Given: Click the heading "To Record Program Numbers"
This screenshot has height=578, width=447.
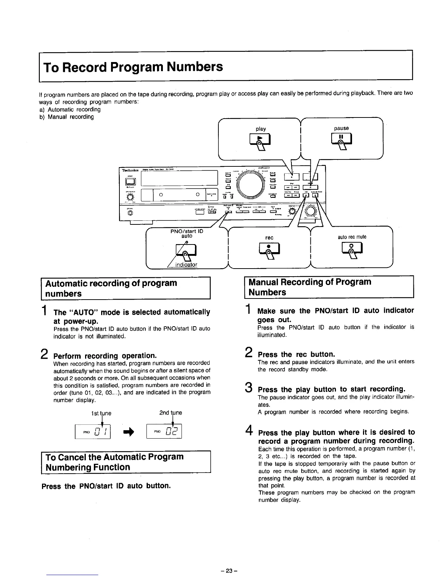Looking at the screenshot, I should point(133,67).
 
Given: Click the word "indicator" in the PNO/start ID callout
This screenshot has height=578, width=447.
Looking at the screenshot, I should point(186,265).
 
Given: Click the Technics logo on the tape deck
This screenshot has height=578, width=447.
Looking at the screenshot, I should point(129,170).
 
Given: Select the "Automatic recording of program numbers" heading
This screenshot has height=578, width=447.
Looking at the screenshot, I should point(111,288).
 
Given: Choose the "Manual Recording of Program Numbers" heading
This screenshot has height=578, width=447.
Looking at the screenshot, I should point(310,287).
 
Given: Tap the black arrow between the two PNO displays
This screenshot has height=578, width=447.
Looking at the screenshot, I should point(128,432).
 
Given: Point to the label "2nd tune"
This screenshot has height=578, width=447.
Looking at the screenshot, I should point(171,413).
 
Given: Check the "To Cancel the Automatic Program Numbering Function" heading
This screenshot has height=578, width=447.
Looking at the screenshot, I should point(113,462).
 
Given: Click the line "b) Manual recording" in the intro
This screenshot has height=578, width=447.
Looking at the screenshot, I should point(66,117).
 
